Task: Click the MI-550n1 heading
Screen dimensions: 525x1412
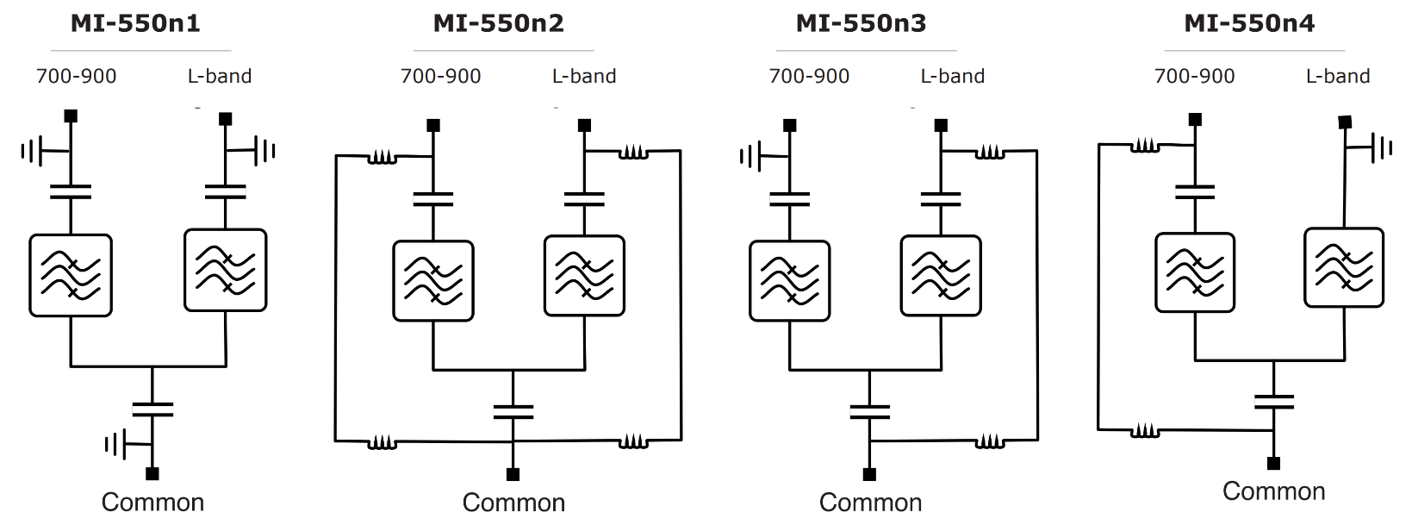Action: coord(135,23)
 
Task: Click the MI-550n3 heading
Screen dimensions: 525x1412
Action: coord(861,23)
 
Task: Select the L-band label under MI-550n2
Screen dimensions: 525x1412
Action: coord(583,76)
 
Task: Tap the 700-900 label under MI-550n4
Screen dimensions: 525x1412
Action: coord(1194,76)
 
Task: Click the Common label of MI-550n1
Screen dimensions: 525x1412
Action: coord(152,502)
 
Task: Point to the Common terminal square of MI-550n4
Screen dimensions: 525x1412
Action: coord(1273,464)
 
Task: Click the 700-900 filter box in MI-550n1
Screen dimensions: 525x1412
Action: coord(71,275)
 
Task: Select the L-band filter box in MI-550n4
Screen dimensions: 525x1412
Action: coord(1344,267)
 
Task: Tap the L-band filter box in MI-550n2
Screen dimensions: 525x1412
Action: coord(584,276)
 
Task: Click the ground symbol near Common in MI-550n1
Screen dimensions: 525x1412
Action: coord(115,445)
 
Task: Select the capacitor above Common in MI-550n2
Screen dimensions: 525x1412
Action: coord(513,411)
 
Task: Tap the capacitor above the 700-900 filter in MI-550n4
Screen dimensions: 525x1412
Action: coord(1194,191)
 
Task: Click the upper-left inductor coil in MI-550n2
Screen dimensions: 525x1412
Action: coord(383,158)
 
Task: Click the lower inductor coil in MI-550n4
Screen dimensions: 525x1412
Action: coord(1145,429)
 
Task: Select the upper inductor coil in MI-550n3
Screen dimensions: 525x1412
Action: coord(990,153)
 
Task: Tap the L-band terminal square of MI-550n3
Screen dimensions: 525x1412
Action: coord(941,126)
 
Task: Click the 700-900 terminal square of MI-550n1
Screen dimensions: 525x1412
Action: coord(71,116)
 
